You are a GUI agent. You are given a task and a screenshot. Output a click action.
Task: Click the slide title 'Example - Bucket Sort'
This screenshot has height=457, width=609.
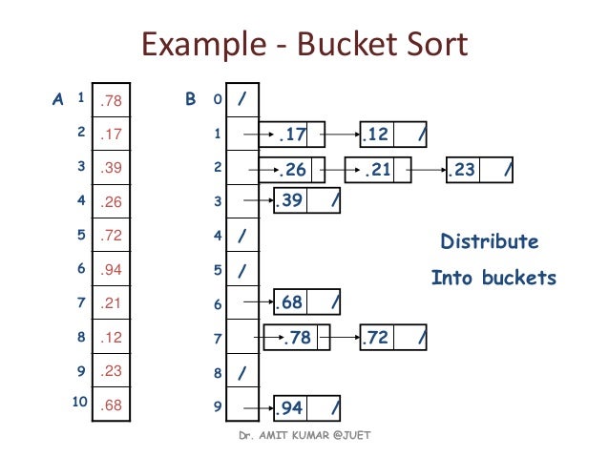tap(304, 44)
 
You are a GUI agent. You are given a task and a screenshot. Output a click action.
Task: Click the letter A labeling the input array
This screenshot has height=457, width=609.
tap(57, 98)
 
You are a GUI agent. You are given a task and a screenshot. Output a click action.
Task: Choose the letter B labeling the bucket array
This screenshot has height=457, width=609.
tap(190, 98)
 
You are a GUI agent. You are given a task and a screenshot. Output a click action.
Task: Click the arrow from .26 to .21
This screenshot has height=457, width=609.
tap(340, 171)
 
